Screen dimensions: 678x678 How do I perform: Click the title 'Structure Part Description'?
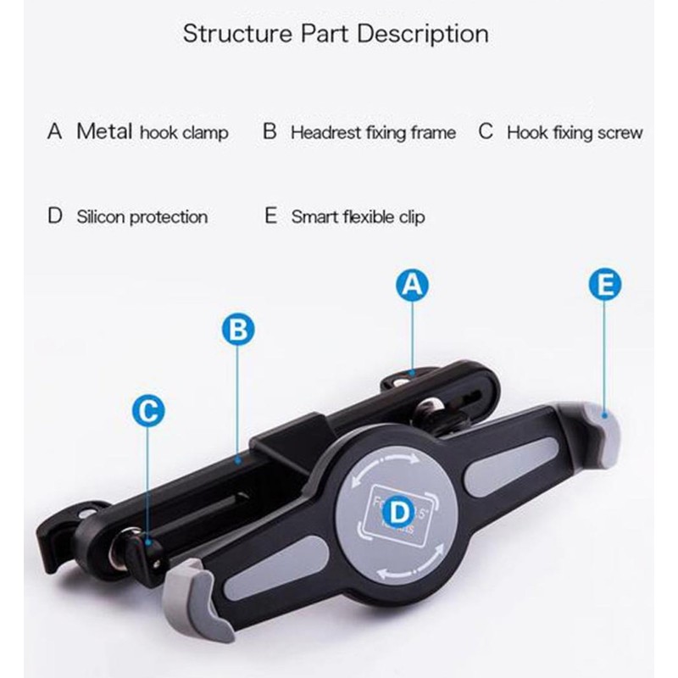click(x=336, y=35)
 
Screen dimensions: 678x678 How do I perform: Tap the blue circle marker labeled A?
click(x=411, y=286)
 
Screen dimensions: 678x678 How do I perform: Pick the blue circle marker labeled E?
click(x=604, y=286)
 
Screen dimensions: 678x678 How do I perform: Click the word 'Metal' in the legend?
click(x=103, y=131)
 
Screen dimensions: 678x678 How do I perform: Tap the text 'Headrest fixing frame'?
click(x=373, y=133)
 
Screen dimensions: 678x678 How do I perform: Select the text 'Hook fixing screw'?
click(x=575, y=133)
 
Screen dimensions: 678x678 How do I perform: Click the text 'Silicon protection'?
click(x=142, y=217)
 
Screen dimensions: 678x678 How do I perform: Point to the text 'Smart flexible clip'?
click(x=358, y=217)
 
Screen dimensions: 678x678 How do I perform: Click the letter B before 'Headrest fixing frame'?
click(x=270, y=132)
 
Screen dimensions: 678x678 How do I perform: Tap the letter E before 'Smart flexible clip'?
click(x=271, y=216)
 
